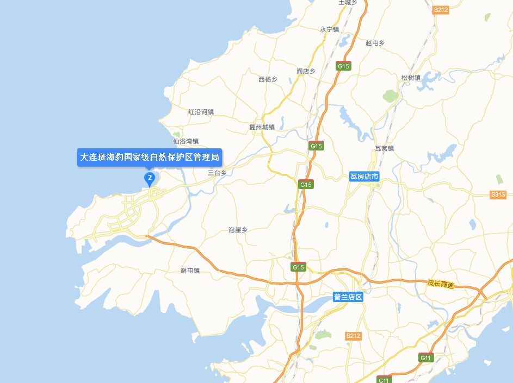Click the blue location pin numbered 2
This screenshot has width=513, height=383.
[149, 178]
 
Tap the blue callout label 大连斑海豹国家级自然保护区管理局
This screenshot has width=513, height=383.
[150, 158]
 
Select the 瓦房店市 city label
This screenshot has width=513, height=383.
[364, 177]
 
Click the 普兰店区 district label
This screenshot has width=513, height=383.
[348, 297]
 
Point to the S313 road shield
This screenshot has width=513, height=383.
[498, 194]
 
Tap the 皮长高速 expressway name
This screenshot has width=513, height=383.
[440, 284]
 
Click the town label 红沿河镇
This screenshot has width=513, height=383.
[201, 112]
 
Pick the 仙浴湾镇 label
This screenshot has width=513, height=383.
[186, 141]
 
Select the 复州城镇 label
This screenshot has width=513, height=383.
[262, 127]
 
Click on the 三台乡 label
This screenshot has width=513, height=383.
[217, 173]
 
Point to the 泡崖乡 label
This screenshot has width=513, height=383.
[238, 230]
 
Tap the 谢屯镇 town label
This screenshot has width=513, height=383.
[190, 270]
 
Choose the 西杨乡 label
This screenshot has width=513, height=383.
[268, 79]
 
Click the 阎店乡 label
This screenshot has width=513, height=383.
[306, 71]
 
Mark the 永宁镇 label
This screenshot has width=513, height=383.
[329, 29]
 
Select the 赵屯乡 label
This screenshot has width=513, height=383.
[375, 42]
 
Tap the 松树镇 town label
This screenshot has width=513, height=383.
[411, 78]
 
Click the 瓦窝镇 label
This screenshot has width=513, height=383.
[384, 148]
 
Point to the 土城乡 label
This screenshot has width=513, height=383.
[348, 2]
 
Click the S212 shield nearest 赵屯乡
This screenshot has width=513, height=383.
[441, 10]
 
